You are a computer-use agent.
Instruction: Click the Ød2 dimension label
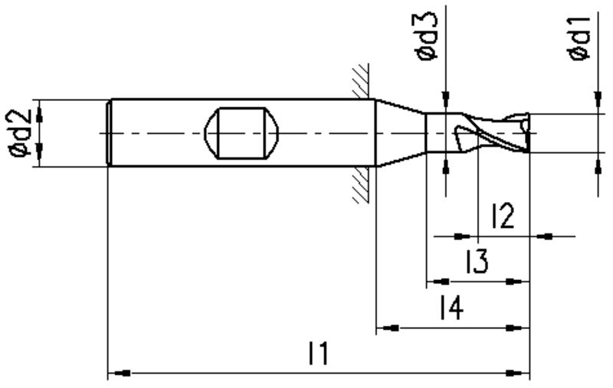pyautogui.click(x=21, y=133)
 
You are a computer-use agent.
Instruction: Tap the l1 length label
pyautogui.click(x=319, y=354)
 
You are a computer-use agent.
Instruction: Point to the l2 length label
pyautogui.click(x=503, y=216)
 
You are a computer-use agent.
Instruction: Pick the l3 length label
pyautogui.click(x=477, y=261)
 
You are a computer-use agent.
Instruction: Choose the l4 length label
pyautogui.click(x=452, y=307)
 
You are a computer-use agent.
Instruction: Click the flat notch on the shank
pyautogui.click(x=241, y=133)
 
